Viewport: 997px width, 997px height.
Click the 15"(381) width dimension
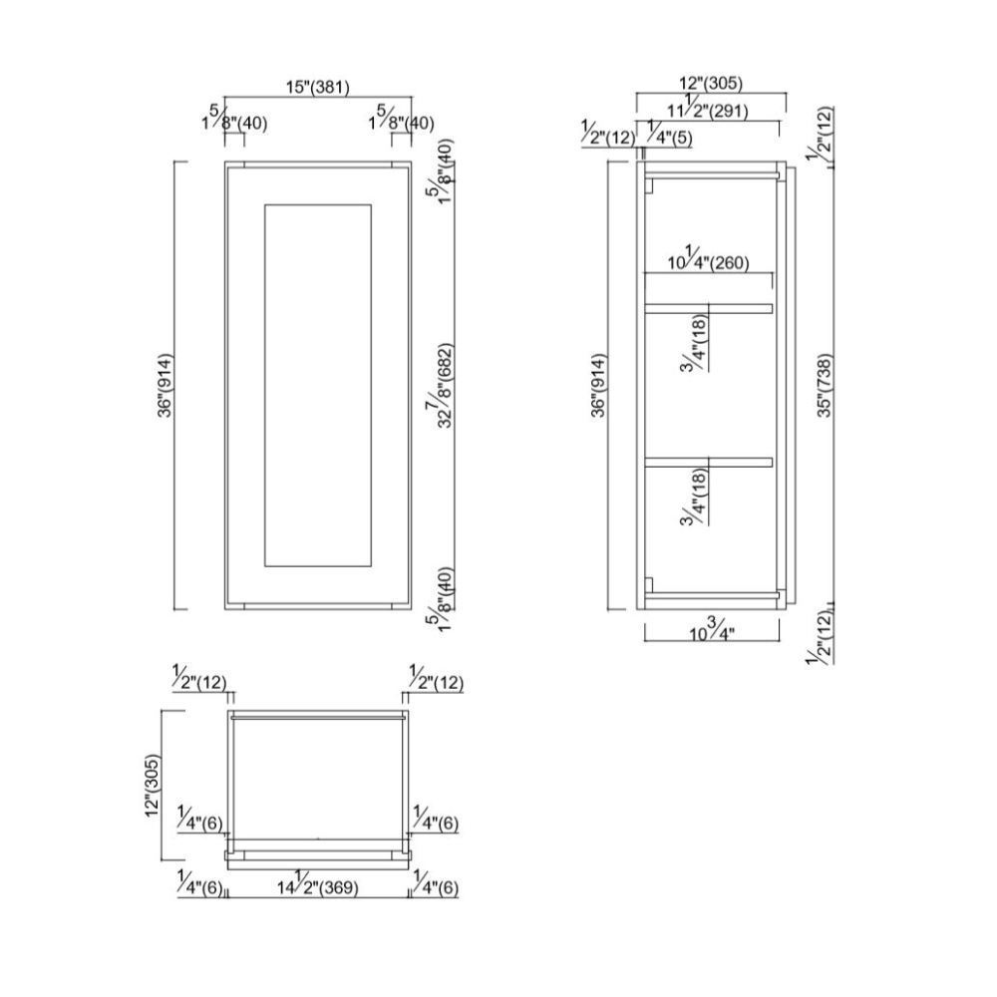pyautogui.click(x=318, y=88)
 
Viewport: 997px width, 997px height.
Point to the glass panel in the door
pyautogui.click(x=318, y=387)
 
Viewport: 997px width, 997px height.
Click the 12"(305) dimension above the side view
pyautogui.click(x=710, y=84)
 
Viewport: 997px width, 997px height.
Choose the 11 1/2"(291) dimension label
pyautogui.click(x=710, y=111)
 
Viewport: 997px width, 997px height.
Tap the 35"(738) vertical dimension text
pyautogui.click(x=824, y=385)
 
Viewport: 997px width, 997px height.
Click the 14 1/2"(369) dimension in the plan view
pyautogui.click(x=318, y=886)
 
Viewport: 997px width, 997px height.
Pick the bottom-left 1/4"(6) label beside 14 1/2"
pyautogui.click(x=199, y=886)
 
